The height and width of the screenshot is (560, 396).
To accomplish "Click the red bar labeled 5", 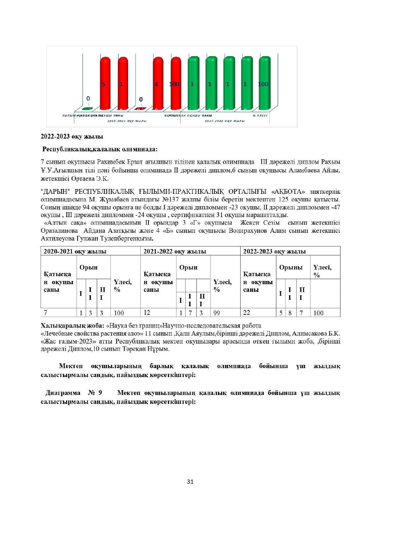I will (105, 84).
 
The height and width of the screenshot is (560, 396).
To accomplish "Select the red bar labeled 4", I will (158, 84).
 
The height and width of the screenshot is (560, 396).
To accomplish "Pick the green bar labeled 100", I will (264, 84).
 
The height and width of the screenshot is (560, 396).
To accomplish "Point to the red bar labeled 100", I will (176, 84).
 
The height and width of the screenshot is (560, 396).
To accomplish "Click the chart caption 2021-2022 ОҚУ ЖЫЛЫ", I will (225, 121).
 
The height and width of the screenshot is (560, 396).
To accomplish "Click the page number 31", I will (190, 481).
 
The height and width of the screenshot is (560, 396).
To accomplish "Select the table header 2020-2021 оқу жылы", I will (75, 251).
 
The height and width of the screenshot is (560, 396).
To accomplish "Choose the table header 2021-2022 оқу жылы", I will (175, 251).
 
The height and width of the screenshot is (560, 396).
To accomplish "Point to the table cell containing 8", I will (290, 313).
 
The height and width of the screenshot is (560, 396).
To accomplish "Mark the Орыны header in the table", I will (291, 268).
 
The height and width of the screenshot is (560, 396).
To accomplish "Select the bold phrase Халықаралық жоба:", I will (72, 326).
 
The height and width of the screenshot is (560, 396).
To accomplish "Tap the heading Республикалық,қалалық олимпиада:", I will (100, 149).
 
